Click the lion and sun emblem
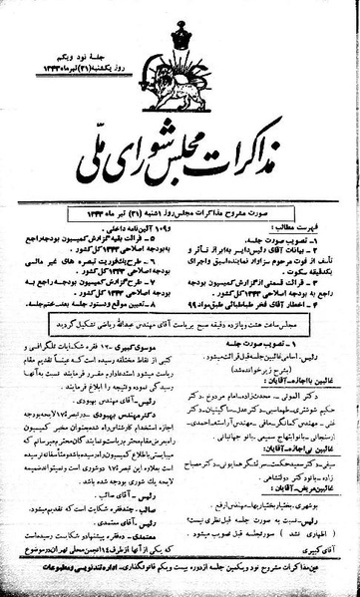point(180,81)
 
